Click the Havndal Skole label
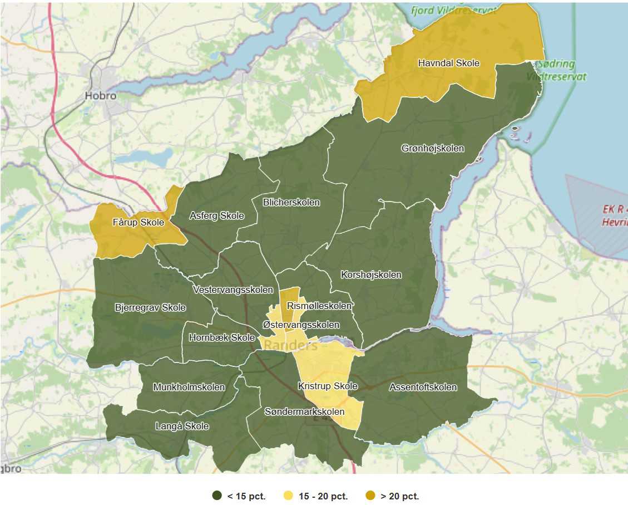448,63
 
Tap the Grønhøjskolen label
432,149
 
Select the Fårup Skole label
138,223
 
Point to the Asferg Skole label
216,216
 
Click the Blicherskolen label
291,203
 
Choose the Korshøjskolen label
371,275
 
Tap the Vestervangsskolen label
233,290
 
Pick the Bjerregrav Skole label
150,308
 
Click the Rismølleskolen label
319,306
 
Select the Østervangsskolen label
300,325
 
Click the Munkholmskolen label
189,387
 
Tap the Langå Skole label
182,426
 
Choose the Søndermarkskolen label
304,412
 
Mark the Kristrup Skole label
328,386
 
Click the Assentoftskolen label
423,388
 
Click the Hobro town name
100,96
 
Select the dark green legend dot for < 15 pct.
216,496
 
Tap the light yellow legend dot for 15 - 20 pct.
288,496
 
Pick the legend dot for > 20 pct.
370,496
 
